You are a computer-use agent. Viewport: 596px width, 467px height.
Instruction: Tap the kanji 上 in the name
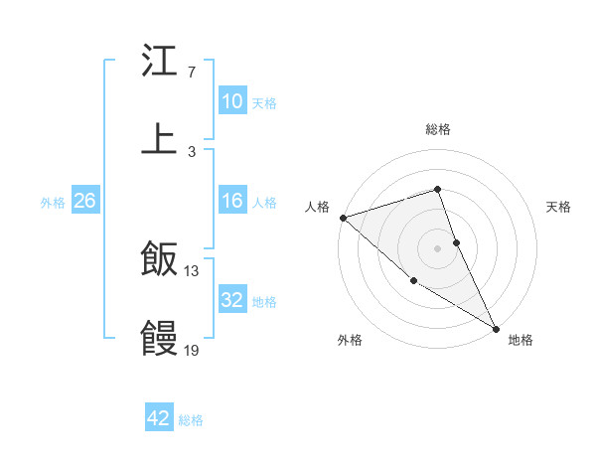pos(160,138)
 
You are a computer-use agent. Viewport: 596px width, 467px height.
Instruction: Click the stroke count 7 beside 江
pos(191,73)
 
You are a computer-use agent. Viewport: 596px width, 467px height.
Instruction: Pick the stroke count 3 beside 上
pos(191,151)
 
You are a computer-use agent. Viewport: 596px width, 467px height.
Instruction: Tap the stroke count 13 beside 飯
pos(192,270)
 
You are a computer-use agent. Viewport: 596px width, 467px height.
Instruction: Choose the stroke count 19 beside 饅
pos(192,350)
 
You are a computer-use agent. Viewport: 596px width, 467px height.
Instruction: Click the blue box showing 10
pos(232,101)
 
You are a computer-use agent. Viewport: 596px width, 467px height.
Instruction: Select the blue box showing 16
pos(232,201)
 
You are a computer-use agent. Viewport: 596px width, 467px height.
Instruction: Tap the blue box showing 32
pos(232,300)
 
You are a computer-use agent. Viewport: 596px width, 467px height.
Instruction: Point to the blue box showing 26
pos(84,201)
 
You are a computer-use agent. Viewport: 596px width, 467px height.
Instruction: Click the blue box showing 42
pos(159,418)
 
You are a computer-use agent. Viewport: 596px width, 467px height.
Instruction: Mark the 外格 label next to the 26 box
pos(53,202)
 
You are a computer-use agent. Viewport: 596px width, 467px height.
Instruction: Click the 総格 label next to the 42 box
pos(191,420)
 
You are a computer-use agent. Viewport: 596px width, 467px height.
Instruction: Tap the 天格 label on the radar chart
pos(559,207)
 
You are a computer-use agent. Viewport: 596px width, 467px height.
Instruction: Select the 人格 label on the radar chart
pos(317,207)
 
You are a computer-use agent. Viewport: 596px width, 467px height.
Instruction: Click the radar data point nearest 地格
pos(496,328)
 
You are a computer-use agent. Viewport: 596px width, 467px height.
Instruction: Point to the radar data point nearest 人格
pos(343,218)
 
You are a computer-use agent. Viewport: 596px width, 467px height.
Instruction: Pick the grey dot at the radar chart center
pos(437,248)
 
